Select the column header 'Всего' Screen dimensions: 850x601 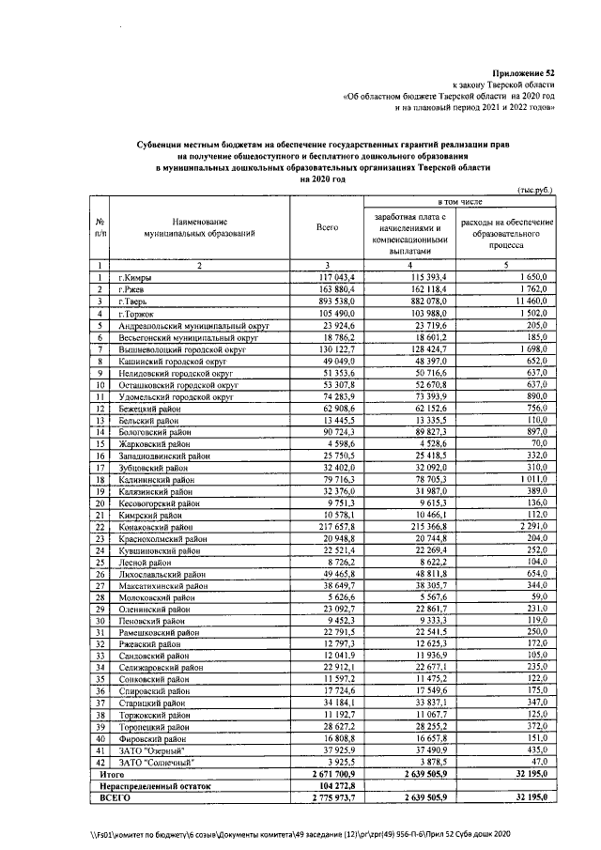(327, 226)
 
